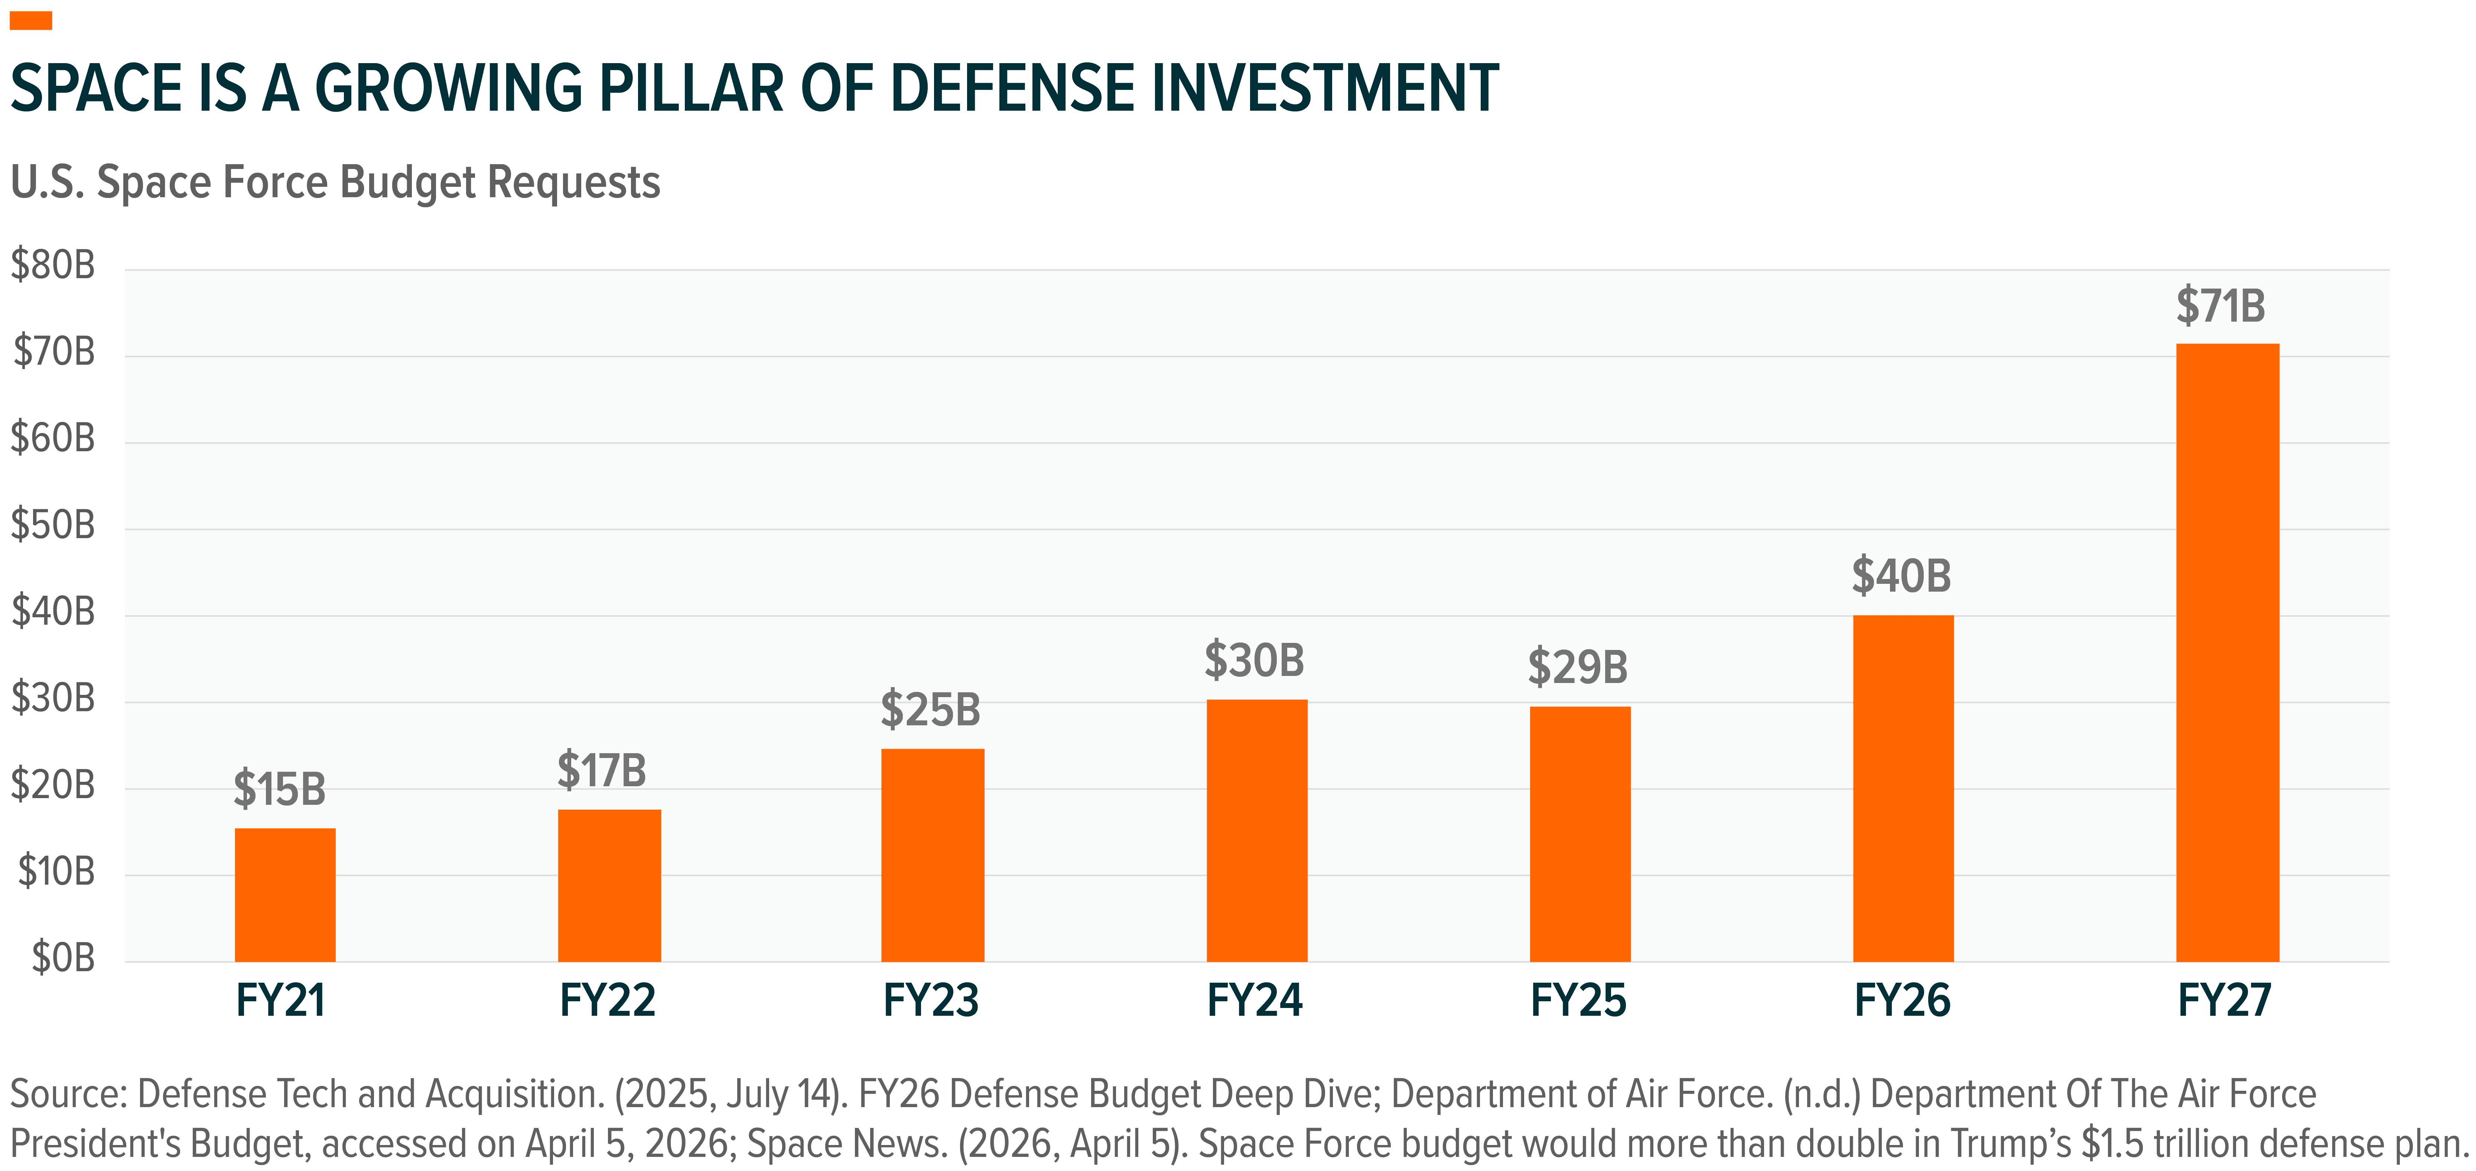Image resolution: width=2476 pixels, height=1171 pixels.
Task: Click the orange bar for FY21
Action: point(286,895)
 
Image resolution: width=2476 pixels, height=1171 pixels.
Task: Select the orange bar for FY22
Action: point(609,885)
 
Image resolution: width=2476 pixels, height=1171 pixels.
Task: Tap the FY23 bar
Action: point(932,856)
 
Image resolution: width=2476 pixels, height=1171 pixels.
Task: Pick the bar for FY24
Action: point(1256,831)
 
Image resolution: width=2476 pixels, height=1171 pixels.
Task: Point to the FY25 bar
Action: point(1580,835)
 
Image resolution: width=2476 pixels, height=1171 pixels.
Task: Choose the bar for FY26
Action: point(1903,788)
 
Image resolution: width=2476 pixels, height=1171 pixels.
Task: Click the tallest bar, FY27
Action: point(2227,653)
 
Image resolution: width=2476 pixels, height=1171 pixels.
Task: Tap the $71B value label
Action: point(2220,306)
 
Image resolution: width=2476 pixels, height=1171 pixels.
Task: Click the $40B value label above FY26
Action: point(1901,576)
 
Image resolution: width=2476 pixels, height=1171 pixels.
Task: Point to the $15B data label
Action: point(280,789)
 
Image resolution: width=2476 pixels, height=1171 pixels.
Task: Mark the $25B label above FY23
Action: point(930,709)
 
